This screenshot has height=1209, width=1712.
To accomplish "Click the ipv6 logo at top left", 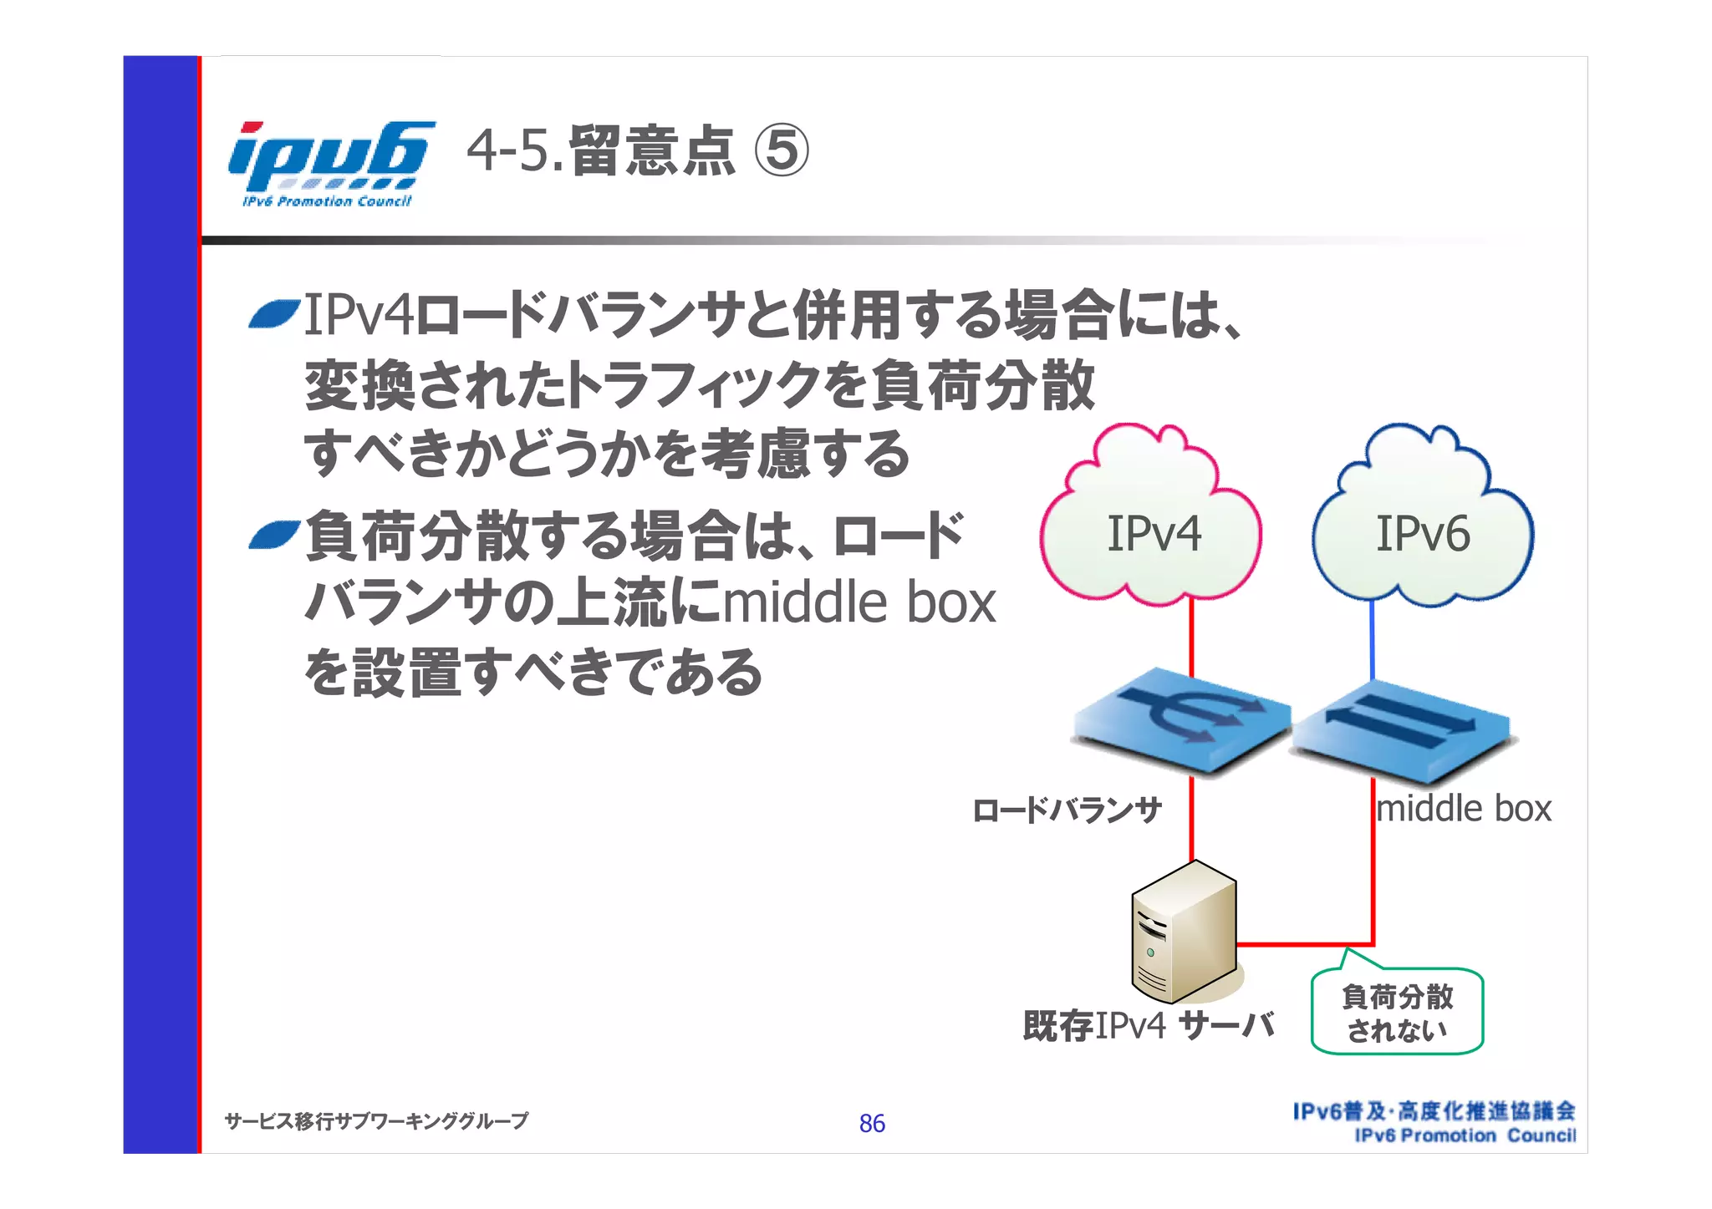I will pyautogui.click(x=330, y=163).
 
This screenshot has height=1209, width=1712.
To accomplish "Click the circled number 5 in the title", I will pyautogui.click(x=782, y=153).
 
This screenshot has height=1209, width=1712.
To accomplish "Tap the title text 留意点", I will pyautogui.click(x=652, y=153).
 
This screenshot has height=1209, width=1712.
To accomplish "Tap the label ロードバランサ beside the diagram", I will pyautogui.click(x=1067, y=810).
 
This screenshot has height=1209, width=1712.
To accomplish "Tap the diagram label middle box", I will pyautogui.click(x=1464, y=809).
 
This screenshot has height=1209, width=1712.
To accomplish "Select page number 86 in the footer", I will pyautogui.click(x=872, y=1124).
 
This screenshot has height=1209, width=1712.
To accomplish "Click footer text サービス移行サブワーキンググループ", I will pyautogui.click(x=376, y=1121).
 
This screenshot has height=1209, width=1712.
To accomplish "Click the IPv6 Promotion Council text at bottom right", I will pyautogui.click(x=1465, y=1136).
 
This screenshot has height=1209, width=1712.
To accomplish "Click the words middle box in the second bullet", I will pyautogui.click(x=859, y=602).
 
